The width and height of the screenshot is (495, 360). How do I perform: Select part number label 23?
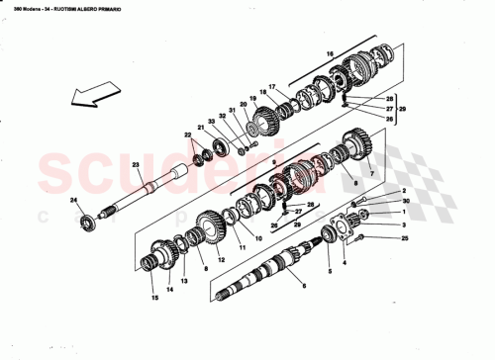135,166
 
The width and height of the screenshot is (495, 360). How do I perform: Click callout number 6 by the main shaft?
305,287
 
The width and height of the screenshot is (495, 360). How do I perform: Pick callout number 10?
257,238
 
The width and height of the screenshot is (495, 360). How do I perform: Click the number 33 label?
211,121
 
